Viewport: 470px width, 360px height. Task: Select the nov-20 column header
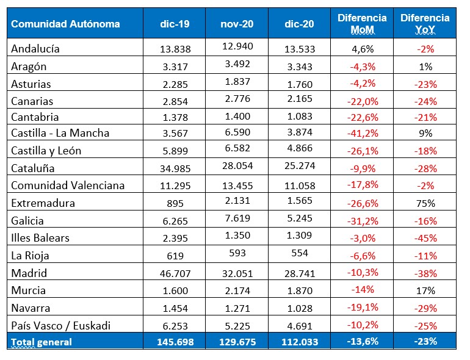click(x=237, y=24)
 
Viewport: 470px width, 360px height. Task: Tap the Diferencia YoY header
click(x=425, y=24)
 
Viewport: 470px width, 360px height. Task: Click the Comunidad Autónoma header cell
click(x=66, y=24)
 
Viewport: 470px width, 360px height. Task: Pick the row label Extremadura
click(x=38, y=204)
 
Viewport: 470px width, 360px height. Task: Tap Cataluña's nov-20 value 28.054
click(x=237, y=167)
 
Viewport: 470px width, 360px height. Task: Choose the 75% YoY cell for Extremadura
click(x=425, y=204)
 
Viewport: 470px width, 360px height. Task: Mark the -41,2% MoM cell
click(x=362, y=134)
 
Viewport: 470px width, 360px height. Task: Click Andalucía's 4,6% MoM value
click(x=362, y=48)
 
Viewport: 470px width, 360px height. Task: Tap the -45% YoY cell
click(x=425, y=238)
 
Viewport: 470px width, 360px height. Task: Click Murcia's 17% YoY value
click(x=425, y=290)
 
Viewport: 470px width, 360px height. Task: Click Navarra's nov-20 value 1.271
click(x=237, y=308)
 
